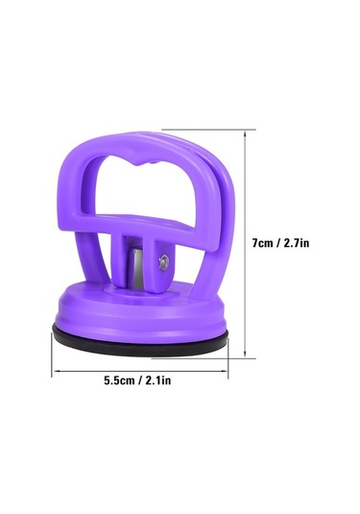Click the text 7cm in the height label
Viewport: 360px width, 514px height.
pyautogui.click(x=262, y=243)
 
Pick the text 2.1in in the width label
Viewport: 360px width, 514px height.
pyautogui.click(x=157, y=380)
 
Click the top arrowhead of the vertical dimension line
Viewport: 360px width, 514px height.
pyautogui.click(x=245, y=134)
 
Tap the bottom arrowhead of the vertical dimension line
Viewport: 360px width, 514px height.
pyautogui.click(x=245, y=354)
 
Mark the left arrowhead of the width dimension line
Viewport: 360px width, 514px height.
pyautogui.click(x=56, y=371)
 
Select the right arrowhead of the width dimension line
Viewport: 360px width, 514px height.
pyautogui.click(x=225, y=371)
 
